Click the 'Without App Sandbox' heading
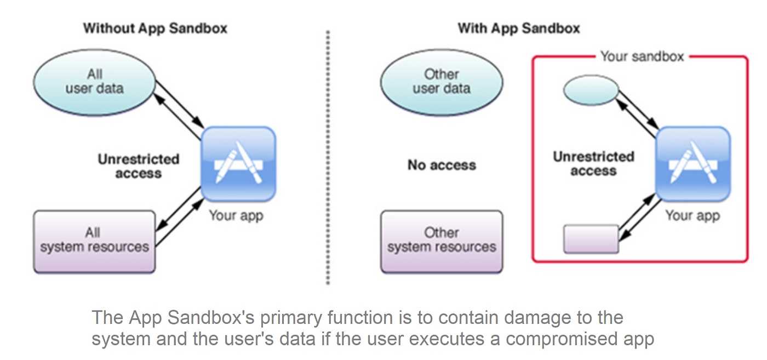point(155,28)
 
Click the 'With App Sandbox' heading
point(519,28)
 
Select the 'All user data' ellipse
point(94,82)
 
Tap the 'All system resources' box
point(94,242)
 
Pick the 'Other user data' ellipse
point(442,82)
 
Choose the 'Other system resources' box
point(442,242)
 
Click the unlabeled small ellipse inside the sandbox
point(591,90)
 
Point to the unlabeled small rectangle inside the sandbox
point(591,239)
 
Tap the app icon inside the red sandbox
point(693,164)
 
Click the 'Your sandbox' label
point(642,56)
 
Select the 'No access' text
point(442,165)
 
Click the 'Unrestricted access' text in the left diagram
point(138,166)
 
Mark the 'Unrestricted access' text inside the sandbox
point(594,163)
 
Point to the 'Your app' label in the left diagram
point(236,216)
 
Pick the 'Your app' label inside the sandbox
point(692,216)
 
